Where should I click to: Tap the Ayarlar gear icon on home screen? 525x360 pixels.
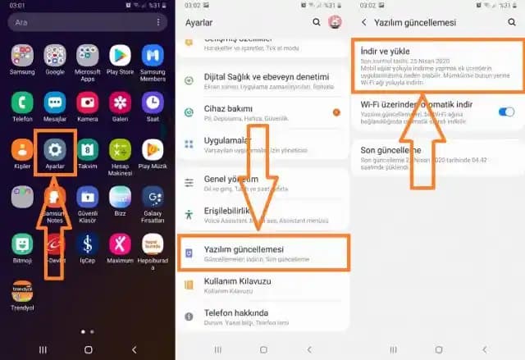pos(56,149)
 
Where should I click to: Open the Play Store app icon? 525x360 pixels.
pos(121,56)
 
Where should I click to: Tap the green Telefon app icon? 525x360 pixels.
pos(23,103)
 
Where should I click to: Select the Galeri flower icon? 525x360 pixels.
pos(121,103)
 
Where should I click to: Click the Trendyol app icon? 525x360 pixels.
pos(23,290)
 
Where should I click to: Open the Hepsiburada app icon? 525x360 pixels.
pos(153,244)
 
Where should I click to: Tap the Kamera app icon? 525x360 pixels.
pos(88,103)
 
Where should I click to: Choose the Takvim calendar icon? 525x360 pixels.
pos(88,149)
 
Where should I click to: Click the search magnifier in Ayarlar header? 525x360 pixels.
pos(317,22)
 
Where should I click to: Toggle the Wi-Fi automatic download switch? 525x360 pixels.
pos(506,111)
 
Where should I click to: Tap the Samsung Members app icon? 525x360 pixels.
pos(153,56)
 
